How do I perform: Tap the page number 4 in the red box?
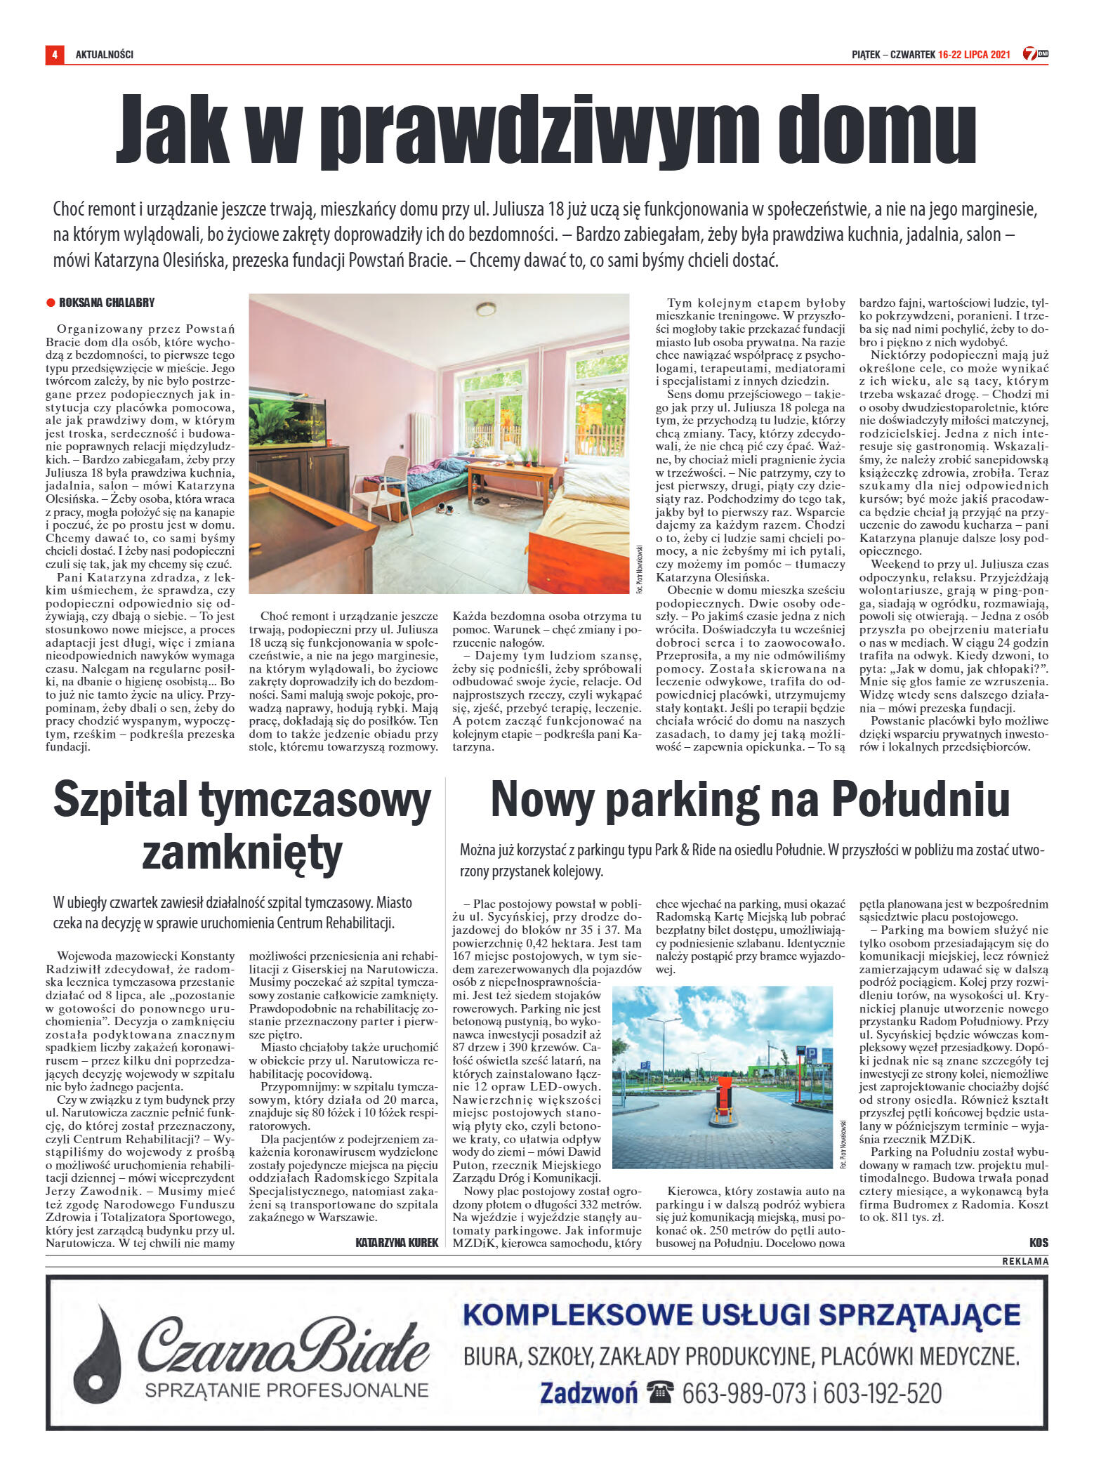click(54, 54)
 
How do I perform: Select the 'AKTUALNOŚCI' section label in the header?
click(105, 54)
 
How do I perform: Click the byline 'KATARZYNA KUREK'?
click(397, 1243)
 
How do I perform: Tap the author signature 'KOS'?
click(1038, 1243)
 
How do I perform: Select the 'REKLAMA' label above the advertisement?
click(1024, 1261)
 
